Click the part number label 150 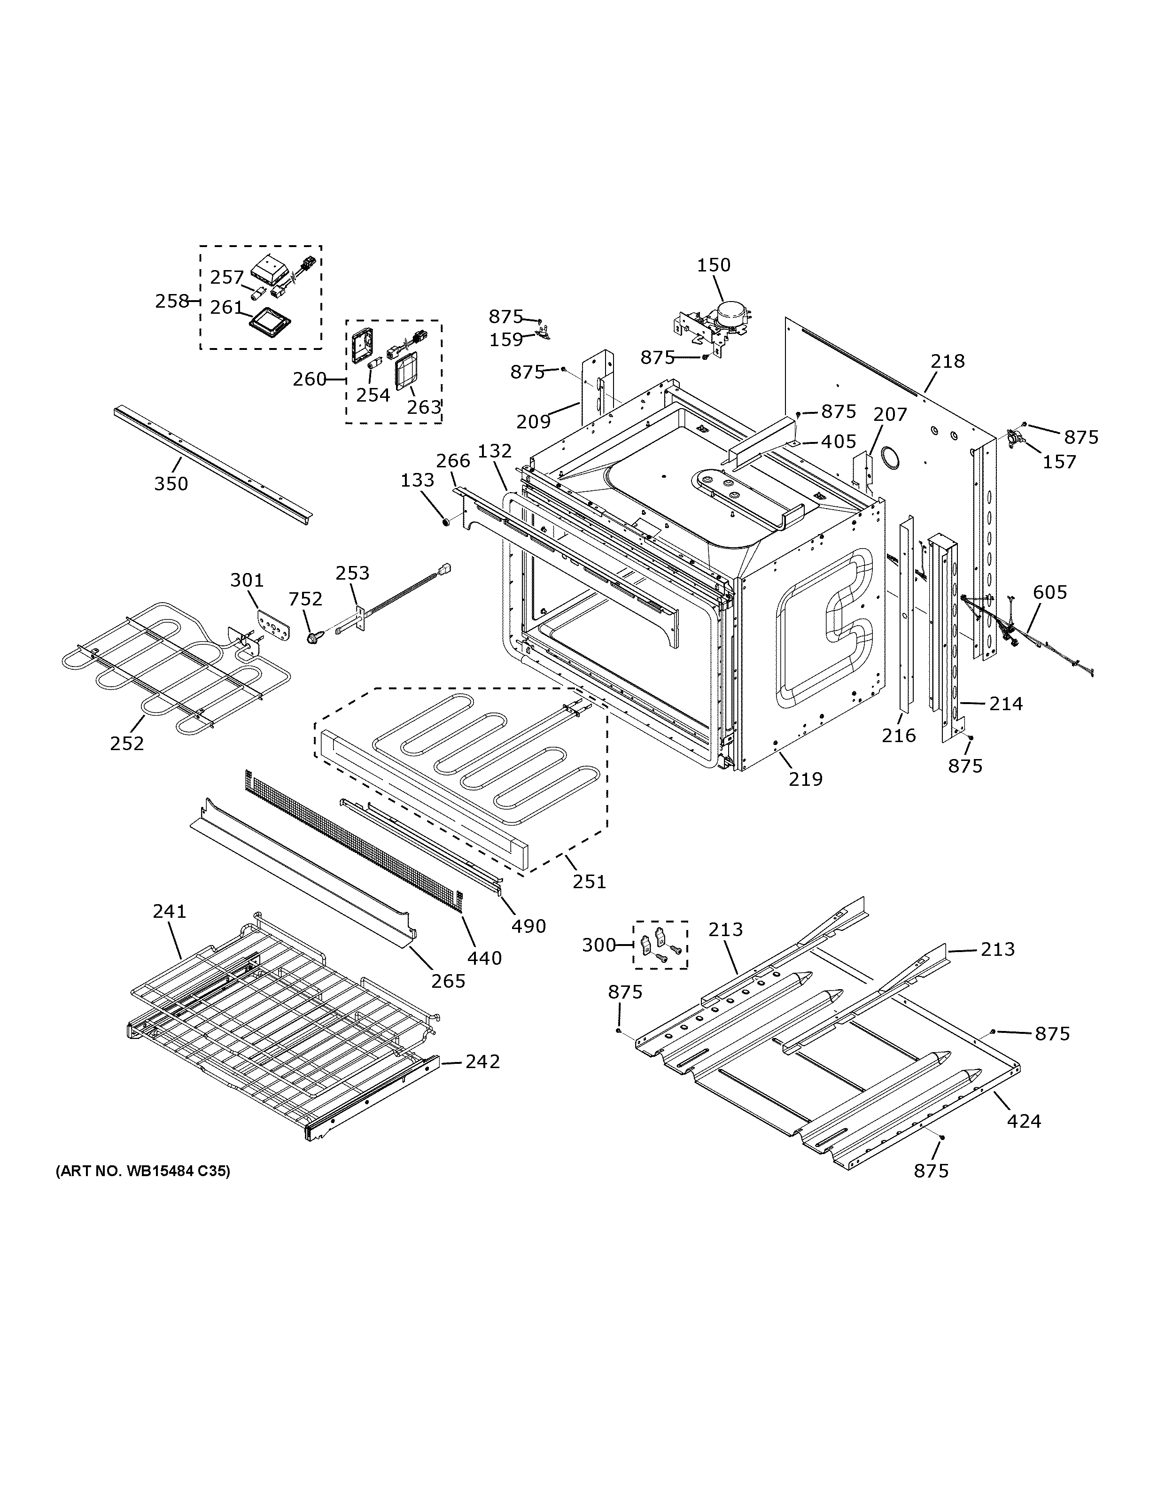pos(713,265)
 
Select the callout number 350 pos(171,484)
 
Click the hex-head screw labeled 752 pos(315,638)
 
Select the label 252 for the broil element pos(127,744)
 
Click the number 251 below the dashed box pos(589,882)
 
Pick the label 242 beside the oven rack pos(482,1062)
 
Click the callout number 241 pos(170,911)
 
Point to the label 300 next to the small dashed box pos(599,945)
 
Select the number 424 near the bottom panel pos(1024,1121)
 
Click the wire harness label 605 pos(1050,592)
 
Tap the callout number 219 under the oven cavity pos(806,779)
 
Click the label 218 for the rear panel pos(948,361)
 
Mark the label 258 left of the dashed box pos(171,301)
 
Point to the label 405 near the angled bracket pos(838,442)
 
